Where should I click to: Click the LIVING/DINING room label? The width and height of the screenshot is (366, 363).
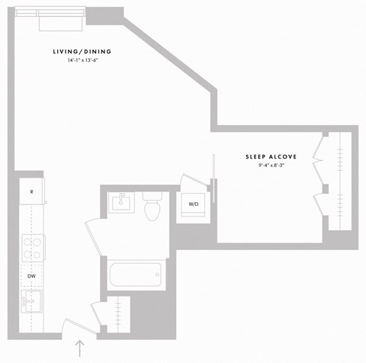coord(82,52)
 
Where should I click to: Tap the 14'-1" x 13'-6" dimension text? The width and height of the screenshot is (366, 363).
coord(82,60)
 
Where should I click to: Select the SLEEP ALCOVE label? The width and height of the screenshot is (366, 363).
coord(271,156)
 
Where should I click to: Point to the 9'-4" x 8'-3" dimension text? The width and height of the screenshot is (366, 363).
coord(271,165)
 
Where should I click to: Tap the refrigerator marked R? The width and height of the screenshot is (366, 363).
coord(31,192)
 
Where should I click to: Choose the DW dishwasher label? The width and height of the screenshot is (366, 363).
coord(31,275)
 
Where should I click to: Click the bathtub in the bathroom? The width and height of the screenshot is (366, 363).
coord(135,274)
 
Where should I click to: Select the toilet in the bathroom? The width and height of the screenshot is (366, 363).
coord(152,207)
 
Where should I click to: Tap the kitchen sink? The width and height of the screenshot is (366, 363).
coord(30,300)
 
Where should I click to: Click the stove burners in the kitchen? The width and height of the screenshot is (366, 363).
coord(32,247)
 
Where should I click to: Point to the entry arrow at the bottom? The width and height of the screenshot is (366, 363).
coord(80,348)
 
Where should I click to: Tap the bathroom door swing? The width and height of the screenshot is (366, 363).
coord(92,238)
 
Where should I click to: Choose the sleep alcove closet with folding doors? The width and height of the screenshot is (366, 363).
coord(338,181)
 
